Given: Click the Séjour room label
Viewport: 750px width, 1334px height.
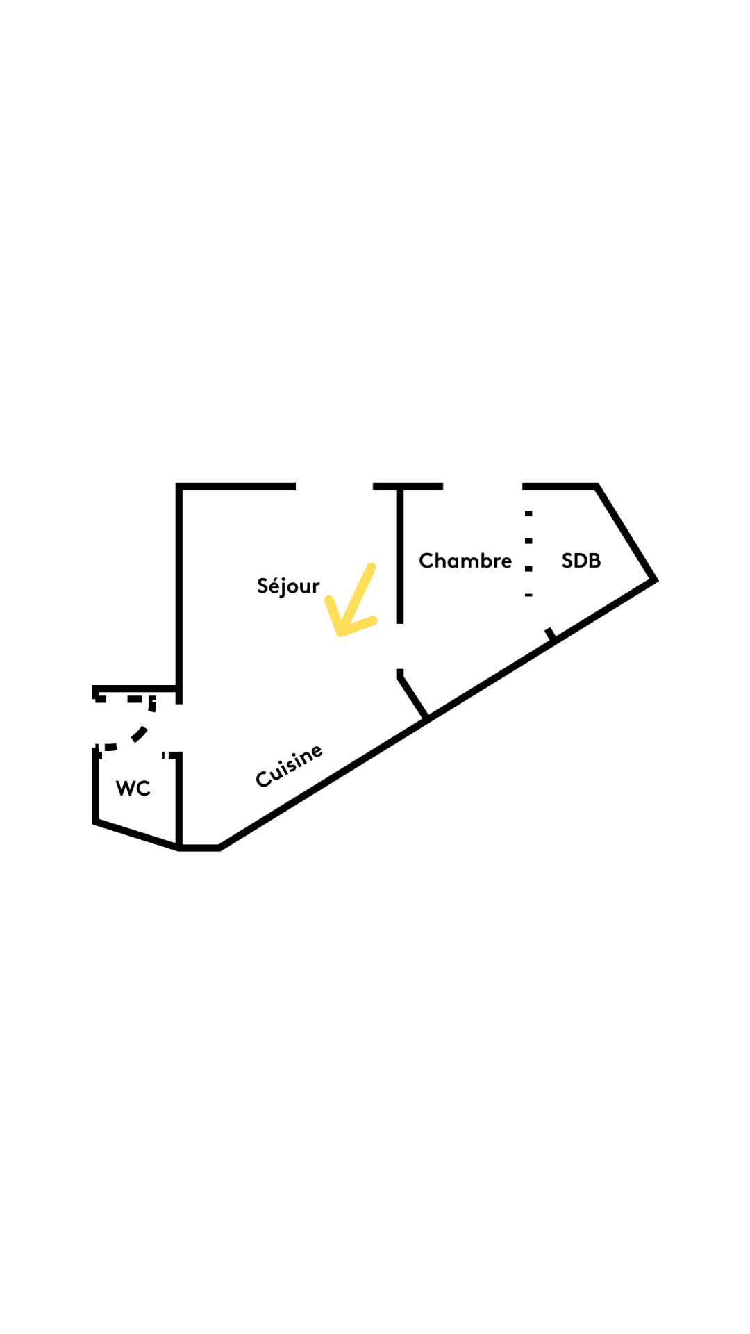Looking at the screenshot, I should tap(288, 586).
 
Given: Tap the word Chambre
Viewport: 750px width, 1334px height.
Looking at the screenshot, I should tap(465, 561).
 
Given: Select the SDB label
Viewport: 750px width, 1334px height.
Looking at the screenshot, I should tap(581, 561).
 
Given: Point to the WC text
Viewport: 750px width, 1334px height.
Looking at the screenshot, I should tap(133, 788).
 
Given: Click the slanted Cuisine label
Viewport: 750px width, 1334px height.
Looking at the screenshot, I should tap(290, 766).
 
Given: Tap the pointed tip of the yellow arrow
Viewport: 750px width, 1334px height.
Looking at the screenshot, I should tap(340, 632).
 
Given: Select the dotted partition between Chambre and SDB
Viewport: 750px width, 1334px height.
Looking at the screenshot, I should tap(528, 554).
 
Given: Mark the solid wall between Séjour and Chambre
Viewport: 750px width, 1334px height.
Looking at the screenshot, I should tap(400, 556).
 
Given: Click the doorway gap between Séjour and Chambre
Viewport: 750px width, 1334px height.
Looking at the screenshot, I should tap(400, 647).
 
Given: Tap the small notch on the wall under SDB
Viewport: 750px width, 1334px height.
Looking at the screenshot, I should tap(550, 634).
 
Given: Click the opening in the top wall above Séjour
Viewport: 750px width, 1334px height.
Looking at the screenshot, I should tap(334, 486).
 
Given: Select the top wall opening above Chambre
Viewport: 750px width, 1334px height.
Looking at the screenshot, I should tap(483, 486).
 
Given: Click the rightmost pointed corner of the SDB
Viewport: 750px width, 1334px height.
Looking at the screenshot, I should tap(654, 579).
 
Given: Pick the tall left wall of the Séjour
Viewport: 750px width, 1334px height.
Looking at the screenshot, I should tap(179, 587).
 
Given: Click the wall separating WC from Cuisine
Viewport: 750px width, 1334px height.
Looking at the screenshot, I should tap(179, 799).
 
